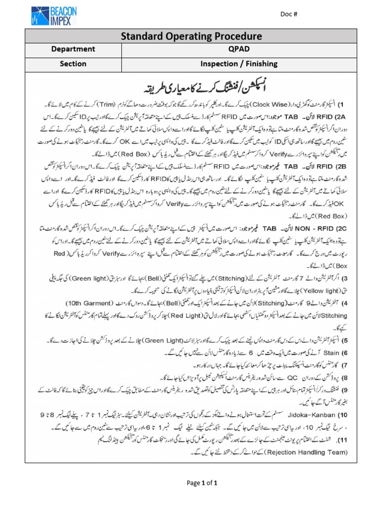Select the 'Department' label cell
(73, 50)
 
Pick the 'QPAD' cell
(238, 50)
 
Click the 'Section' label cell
(73, 64)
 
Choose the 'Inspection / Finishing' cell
(238, 64)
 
